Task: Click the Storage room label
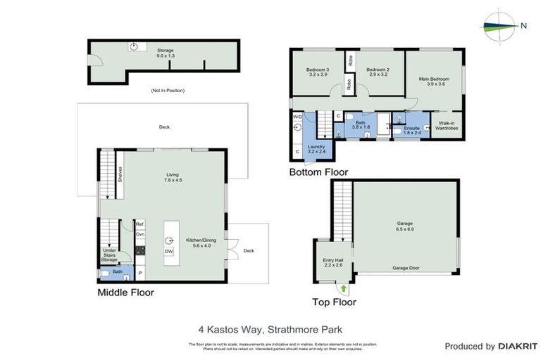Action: click(x=165, y=51)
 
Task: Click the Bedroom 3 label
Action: click(x=318, y=72)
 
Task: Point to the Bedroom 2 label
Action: click(x=378, y=72)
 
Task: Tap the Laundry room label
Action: click(x=316, y=148)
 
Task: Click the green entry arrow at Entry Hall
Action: click(x=344, y=287)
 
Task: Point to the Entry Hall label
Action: click(x=332, y=262)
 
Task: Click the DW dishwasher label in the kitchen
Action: click(x=169, y=251)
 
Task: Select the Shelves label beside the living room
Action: click(x=120, y=173)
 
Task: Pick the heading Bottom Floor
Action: click(x=318, y=172)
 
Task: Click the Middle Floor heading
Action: click(x=126, y=292)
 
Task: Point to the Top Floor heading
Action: click(x=334, y=302)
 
